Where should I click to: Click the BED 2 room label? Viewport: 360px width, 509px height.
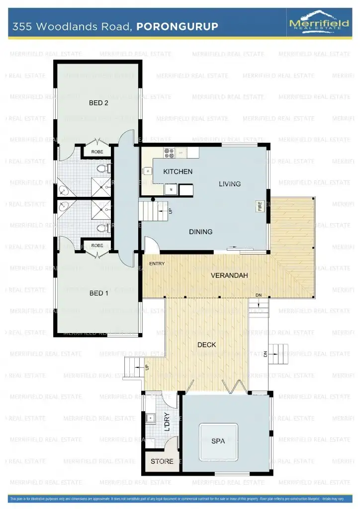tap(98, 103)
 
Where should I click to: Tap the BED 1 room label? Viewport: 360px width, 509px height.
tap(98, 293)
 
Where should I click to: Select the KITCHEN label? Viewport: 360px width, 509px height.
tap(178, 172)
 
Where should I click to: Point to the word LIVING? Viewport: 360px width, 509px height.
tap(229, 184)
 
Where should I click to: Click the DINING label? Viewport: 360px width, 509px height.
tap(200, 232)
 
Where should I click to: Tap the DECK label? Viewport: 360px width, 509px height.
tap(206, 344)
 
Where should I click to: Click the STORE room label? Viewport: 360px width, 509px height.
tap(162, 461)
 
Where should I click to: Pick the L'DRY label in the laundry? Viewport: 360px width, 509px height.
tap(167, 422)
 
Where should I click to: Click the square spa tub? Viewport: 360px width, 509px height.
tap(218, 441)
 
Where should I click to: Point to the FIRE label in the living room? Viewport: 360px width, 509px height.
tap(260, 206)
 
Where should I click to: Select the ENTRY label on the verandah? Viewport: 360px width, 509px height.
tap(157, 263)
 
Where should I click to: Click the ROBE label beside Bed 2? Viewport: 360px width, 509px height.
tap(97, 152)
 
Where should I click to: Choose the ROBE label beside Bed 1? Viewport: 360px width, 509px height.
tap(97, 246)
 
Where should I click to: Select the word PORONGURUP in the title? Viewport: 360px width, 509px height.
tap(177, 26)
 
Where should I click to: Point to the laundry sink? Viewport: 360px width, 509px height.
tap(149, 418)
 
